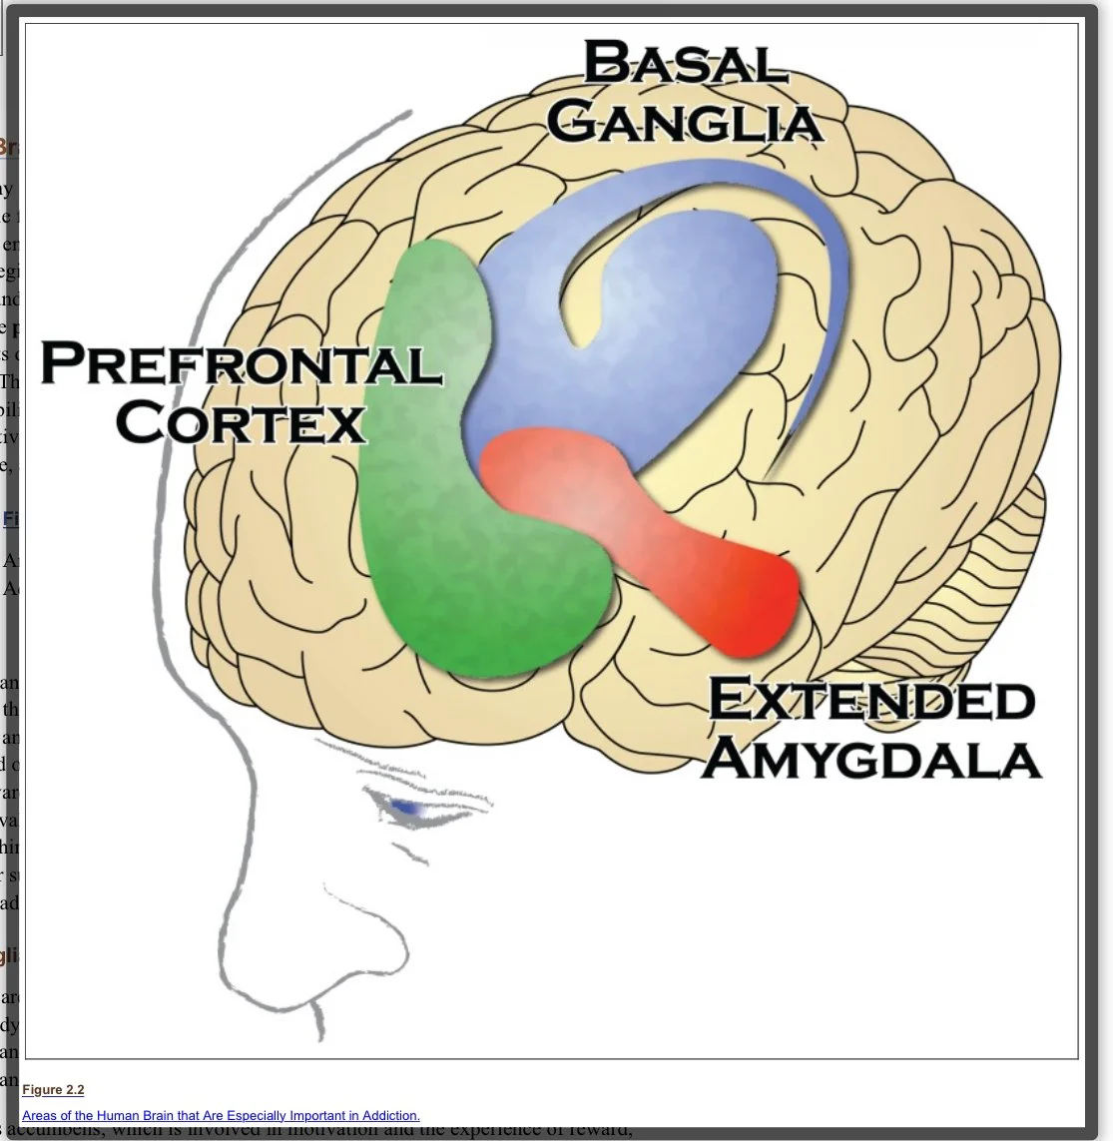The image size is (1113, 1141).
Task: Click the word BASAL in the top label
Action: coord(684,64)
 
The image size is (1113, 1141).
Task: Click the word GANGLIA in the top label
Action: coord(684,123)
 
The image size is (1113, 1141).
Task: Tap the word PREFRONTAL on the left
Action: coord(241,363)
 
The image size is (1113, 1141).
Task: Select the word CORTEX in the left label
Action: coord(241,422)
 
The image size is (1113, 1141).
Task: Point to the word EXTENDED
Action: coord(870,700)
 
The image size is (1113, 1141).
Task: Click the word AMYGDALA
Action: coord(870,759)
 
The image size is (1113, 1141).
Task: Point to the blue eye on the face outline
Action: coord(405,807)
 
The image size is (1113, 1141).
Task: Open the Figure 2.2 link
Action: coord(53,1090)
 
